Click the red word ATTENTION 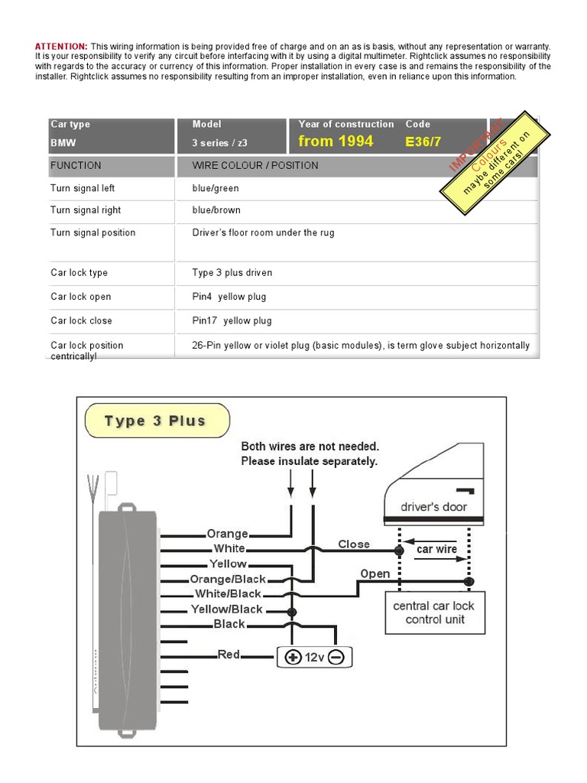point(61,47)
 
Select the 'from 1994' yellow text point(336,141)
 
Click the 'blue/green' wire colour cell point(216,188)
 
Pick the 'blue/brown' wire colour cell point(216,210)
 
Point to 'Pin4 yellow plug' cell point(229,297)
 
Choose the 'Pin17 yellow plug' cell point(232,320)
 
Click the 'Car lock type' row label point(79,273)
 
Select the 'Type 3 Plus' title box point(155,421)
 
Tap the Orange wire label point(227,534)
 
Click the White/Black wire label point(228,593)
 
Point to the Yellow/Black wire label point(226,609)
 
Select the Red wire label point(229,655)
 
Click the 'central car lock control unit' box point(433,612)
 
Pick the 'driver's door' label point(433,506)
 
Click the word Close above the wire point(354,544)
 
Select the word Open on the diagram point(375,573)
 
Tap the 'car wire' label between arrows point(436,549)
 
